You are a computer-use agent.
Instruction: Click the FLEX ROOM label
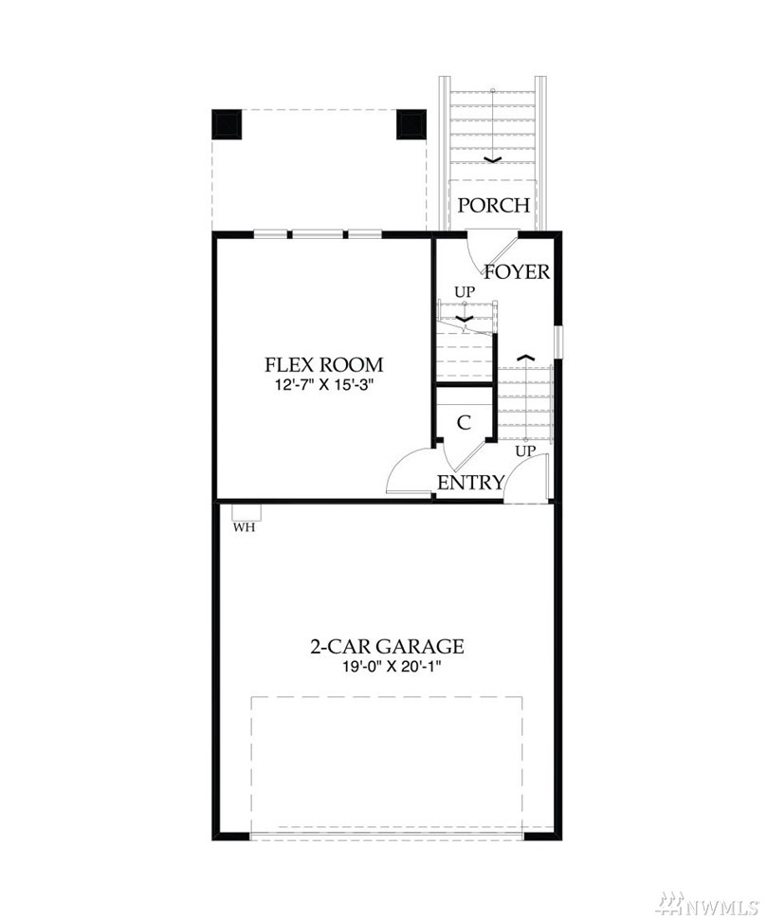tap(323, 364)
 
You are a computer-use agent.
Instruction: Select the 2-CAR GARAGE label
tap(387, 646)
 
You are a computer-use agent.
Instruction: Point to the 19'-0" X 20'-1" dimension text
tap(387, 667)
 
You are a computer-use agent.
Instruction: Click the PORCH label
tap(493, 206)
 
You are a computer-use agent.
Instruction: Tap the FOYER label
tap(517, 271)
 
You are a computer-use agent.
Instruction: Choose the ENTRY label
tap(471, 483)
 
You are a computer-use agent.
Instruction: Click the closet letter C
tap(464, 422)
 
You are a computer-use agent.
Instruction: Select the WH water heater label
tap(245, 527)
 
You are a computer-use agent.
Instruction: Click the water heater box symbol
tap(247, 511)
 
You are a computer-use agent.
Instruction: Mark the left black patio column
tap(227, 124)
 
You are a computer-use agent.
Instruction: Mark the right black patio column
tap(411, 124)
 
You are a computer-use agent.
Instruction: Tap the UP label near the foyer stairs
tap(465, 291)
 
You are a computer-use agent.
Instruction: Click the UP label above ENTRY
tap(525, 451)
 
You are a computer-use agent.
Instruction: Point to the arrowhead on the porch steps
tap(493, 159)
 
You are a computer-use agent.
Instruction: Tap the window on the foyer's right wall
tap(559, 341)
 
